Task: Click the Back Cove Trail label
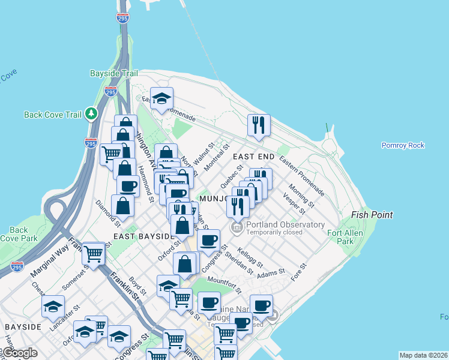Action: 53,115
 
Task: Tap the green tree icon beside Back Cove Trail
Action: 91,113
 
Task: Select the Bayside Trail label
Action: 113,73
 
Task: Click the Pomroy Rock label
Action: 403,145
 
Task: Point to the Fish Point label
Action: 372,215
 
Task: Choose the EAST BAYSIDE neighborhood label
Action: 139,237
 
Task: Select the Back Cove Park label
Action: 19,234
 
